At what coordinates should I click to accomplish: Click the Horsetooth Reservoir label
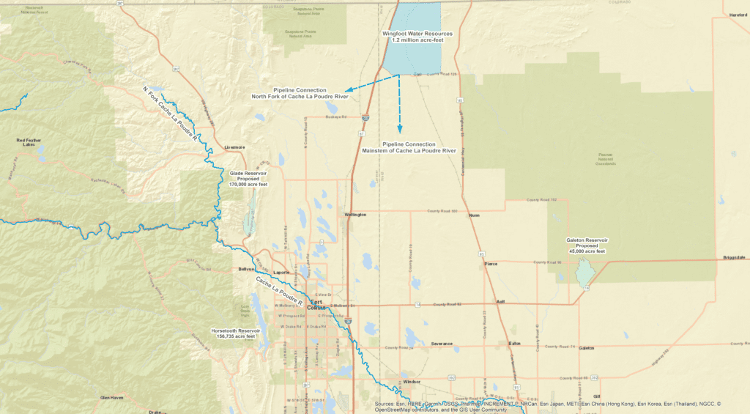(235, 333)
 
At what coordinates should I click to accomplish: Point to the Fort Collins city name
(316, 305)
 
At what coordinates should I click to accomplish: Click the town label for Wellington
(355, 215)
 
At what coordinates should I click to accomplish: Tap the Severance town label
(442, 343)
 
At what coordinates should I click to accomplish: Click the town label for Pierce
(491, 264)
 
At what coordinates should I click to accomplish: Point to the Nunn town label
(474, 215)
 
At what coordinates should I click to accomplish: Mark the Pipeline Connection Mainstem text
(409, 147)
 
